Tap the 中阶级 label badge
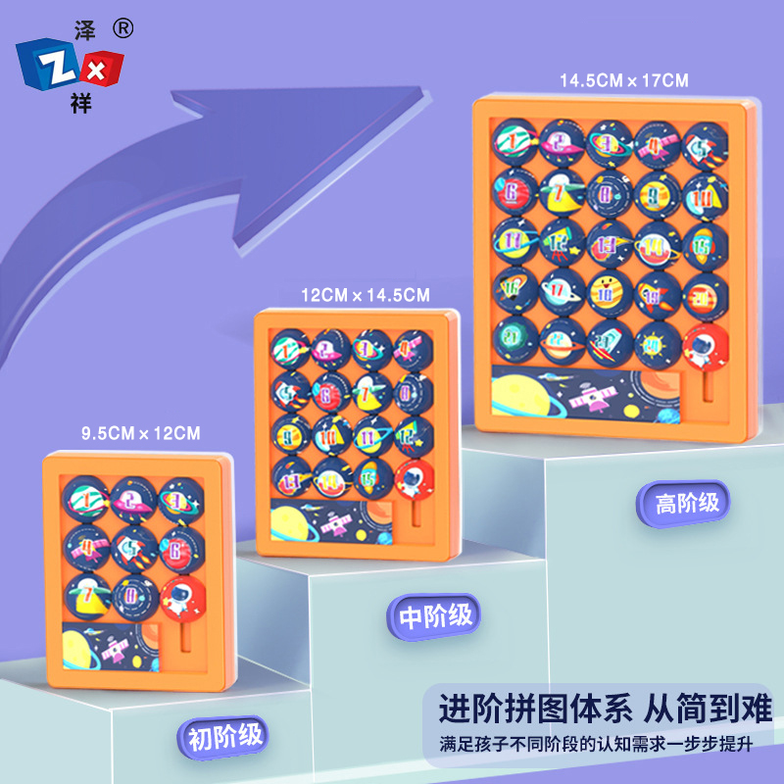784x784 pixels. [435, 616]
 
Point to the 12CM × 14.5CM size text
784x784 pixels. [365, 293]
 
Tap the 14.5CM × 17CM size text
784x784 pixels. [624, 80]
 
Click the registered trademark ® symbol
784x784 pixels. [122, 29]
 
